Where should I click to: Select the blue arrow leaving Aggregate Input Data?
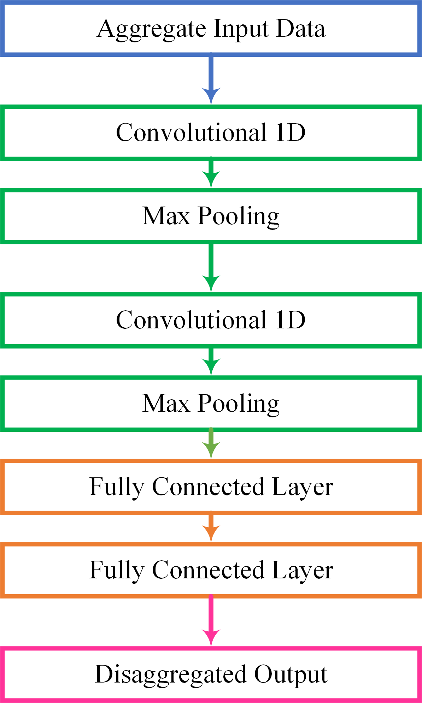click(211, 79)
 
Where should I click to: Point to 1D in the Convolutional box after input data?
click(291, 133)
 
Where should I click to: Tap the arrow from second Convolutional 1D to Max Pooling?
click(211, 362)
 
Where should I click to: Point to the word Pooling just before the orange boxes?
click(239, 404)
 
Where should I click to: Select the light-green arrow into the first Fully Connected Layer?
click(211, 444)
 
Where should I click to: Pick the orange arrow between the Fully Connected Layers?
click(211, 528)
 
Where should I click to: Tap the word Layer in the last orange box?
click(303, 570)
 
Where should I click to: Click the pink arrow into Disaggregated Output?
click(211, 621)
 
